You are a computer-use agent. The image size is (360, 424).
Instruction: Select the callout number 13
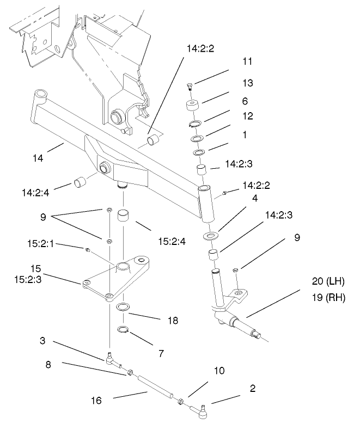point(248,83)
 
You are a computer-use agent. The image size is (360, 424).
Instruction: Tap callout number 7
point(161,353)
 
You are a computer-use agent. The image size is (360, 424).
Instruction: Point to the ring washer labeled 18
point(124,307)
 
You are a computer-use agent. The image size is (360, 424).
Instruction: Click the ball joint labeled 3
point(111,358)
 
